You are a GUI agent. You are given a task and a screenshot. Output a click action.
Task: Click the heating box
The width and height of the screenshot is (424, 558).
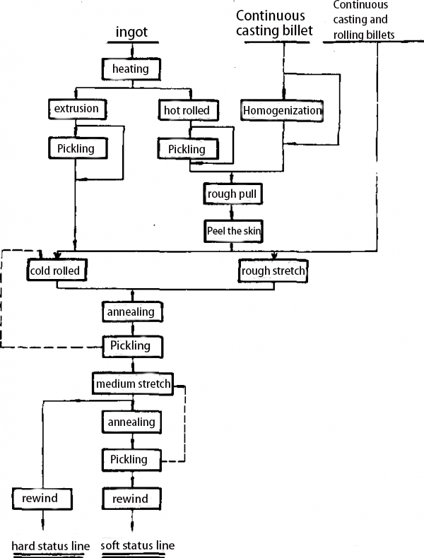131,69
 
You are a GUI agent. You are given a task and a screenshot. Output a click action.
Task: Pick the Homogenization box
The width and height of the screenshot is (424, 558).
282,110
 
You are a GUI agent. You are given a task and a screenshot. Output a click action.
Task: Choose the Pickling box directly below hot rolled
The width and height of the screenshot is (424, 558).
187,149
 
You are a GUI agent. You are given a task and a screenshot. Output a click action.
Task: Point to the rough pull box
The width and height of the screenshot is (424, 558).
231,193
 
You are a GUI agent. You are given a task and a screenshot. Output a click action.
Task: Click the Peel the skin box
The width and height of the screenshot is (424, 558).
231,231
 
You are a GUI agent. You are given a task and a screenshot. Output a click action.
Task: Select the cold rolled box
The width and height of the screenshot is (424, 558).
57,271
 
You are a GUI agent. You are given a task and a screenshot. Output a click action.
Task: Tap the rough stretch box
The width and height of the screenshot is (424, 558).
273,271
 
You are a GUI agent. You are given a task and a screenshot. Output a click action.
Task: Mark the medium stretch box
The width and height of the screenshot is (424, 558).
132,384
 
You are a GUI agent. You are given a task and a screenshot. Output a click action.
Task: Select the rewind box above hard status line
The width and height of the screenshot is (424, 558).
42,499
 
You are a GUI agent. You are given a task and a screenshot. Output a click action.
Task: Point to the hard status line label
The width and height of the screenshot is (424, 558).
50,546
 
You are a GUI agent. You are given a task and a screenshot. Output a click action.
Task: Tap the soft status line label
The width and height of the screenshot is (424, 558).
138,545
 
